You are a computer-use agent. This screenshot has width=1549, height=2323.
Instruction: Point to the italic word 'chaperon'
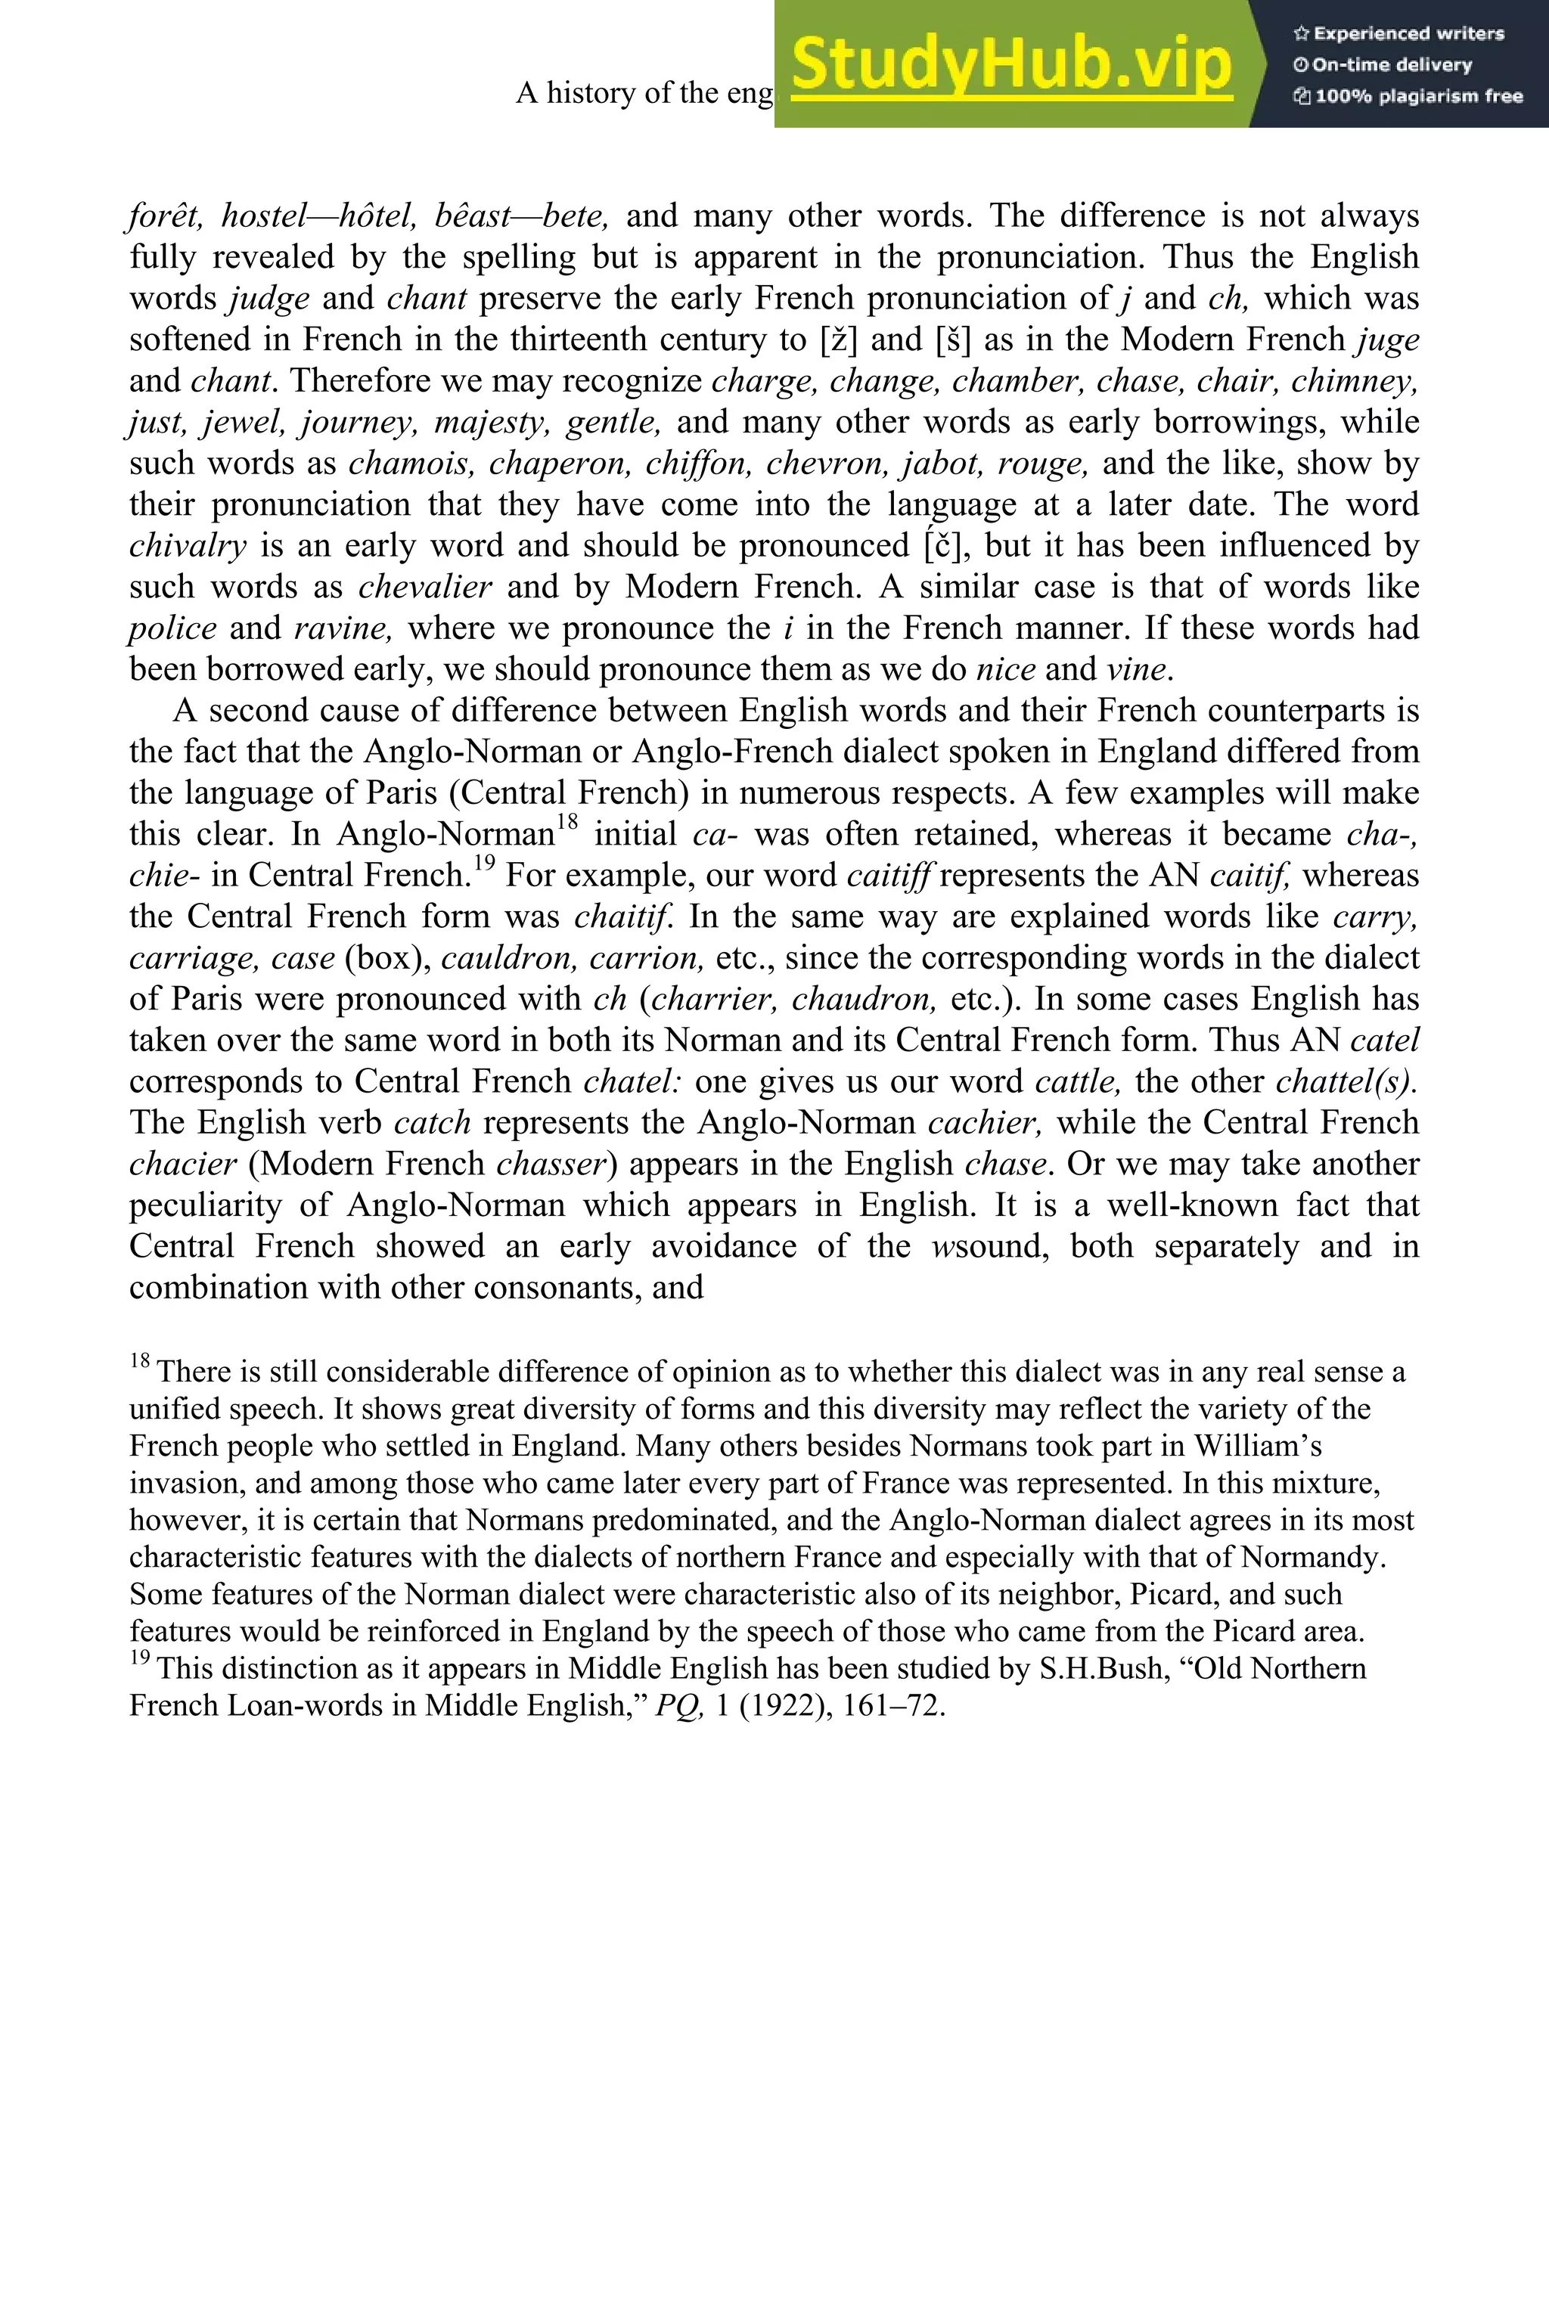click(558, 464)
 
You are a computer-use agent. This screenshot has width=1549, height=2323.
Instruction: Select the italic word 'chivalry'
click(188, 546)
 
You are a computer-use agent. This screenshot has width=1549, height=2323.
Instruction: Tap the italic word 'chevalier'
click(425, 588)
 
